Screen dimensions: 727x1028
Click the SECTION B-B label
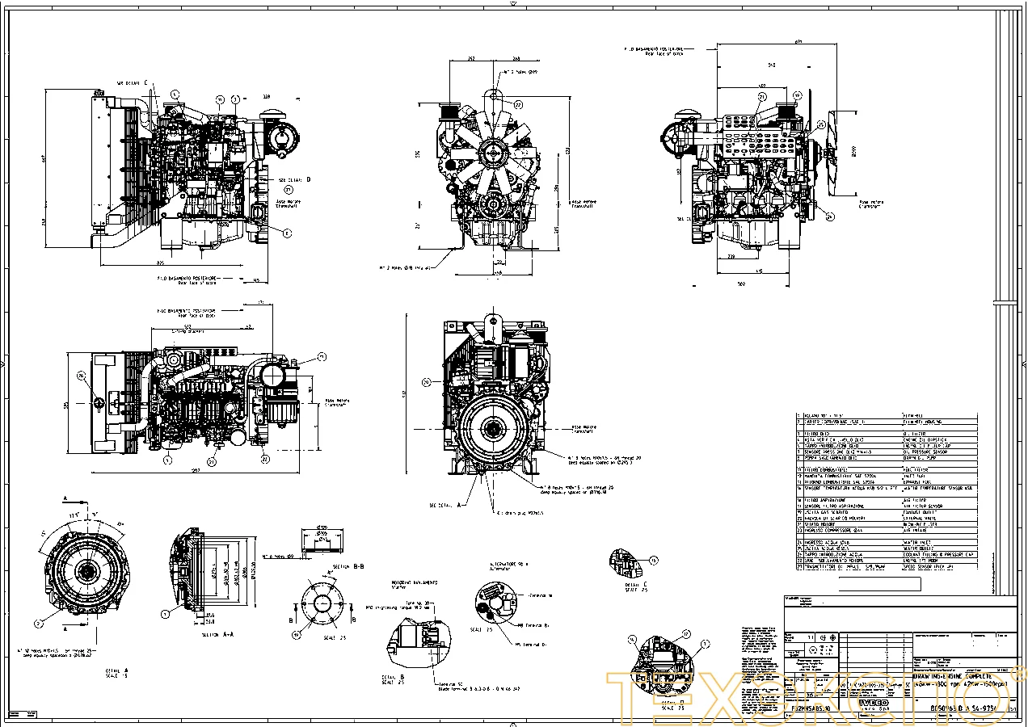pos(347,567)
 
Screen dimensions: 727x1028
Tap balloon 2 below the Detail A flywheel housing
pos(38,624)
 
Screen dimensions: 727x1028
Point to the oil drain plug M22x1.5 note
pos(517,512)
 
